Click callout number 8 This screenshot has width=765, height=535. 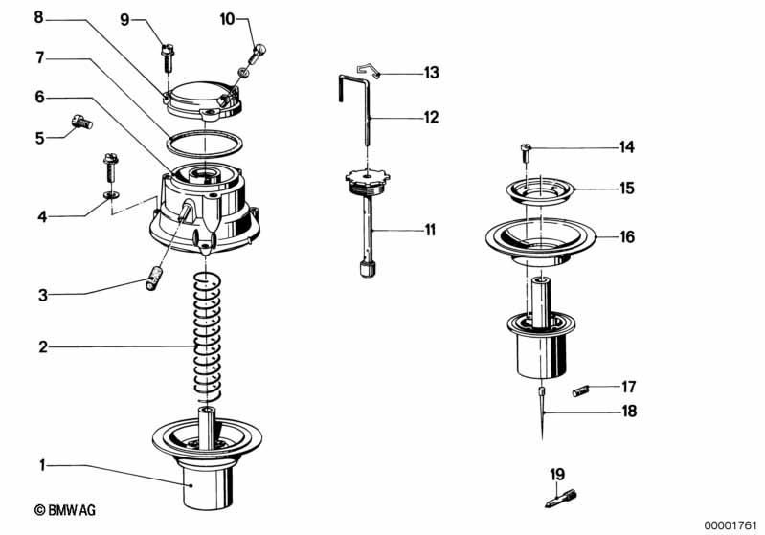coord(38,17)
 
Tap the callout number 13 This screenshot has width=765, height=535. coord(431,73)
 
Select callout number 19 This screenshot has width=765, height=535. coord(557,474)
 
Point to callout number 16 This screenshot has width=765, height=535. coord(627,237)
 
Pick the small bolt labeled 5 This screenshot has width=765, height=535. coord(82,122)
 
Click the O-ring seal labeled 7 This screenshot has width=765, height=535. coord(205,145)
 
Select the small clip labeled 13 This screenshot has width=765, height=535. coord(369,71)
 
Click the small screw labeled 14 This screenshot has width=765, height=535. coord(526,154)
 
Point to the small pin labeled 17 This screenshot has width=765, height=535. coord(581,390)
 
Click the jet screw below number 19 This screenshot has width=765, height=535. coord(561,499)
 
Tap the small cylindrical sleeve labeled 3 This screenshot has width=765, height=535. coord(155,278)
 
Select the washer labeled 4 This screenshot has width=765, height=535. coord(112,195)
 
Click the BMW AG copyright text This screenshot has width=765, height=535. coord(65,510)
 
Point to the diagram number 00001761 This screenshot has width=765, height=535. coord(731,525)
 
